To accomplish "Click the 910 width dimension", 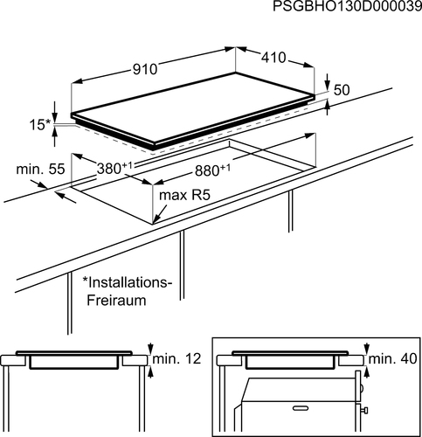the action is (x=145, y=69).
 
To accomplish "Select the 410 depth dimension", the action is (x=273, y=58).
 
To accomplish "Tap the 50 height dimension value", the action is (x=342, y=90).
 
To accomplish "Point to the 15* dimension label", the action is (x=40, y=125).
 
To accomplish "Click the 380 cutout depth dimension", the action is (x=114, y=169).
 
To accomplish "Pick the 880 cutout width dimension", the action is (x=212, y=170).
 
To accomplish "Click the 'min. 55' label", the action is (x=40, y=169).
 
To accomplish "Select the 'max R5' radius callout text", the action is (x=184, y=195).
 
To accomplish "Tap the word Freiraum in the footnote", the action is (x=116, y=300).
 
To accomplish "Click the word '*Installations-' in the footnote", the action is (x=126, y=282).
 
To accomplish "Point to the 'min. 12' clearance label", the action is (x=176, y=358).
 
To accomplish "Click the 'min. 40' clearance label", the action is (x=392, y=358).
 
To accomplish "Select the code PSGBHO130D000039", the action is (x=347, y=6).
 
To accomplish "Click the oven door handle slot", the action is (x=301, y=408).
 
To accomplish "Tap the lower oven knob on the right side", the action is (x=364, y=410).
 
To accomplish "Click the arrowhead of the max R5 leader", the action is (x=156, y=220).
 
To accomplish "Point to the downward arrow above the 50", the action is (x=328, y=81).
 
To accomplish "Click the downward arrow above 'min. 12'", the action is (x=150, y=349).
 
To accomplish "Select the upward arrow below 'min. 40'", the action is (x=366, y=372).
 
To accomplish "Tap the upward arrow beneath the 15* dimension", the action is (x=54, y=137).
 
